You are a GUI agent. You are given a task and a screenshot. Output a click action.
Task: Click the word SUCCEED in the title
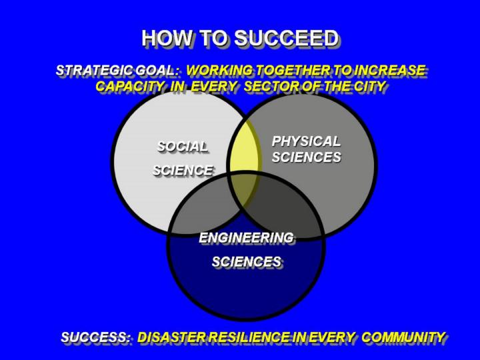(x=287, y=38)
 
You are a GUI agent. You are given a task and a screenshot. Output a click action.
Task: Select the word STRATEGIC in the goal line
(x=94, y=71)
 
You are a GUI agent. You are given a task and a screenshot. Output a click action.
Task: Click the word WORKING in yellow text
(x=220, y=71)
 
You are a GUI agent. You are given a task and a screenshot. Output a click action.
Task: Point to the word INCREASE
(x=390, y=70)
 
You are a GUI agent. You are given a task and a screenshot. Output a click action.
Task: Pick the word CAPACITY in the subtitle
(x=130, y=86)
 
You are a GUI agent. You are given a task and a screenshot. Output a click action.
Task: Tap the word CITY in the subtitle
(x=370, y=86)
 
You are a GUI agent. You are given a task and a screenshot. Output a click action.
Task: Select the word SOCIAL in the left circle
(x=183, y=147)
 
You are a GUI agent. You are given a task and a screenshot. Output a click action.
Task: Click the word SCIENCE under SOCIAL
(x=183, y=170)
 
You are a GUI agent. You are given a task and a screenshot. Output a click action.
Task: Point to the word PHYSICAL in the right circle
(x=306, y=141)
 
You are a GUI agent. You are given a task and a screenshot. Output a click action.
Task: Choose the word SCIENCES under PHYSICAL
(x=307, y=157)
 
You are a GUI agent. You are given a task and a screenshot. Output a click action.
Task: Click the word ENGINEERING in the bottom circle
(x=246, y=238)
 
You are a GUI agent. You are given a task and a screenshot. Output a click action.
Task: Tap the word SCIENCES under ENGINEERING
(x=247, y=262)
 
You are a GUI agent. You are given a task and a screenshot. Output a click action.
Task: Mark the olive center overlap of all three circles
(x=244, y=191)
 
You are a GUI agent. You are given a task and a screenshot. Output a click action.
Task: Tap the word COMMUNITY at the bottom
(x=403, y=337)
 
